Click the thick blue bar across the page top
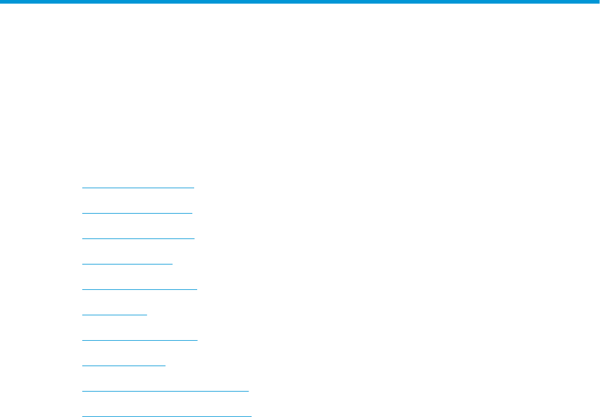(x=300, y=2)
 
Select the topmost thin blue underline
(x=138, y=188)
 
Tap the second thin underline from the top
(x=137, y=213)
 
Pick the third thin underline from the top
(x=138, y=238)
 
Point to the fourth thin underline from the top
(x=127, y=264)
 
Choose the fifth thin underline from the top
(x=139, y=289)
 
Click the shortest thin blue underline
(x=114, y=315)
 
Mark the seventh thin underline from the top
(x=139, y=340)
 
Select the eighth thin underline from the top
(x=123, y=366)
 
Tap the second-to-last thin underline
(x=165, y=391)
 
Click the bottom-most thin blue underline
(x=166, y=416)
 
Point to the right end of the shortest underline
(x=146, y=315)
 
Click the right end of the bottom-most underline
(x=250, y=416)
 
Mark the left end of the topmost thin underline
(x=82, y=188)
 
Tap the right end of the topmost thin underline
(x=194, y=188)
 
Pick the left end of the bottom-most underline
(x=82, y=416)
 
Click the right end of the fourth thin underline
(x=172, y=264)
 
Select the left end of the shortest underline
(x=82, y=315)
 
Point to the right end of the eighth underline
(x=165, y=366)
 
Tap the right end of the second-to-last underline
(x=248, y=391)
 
